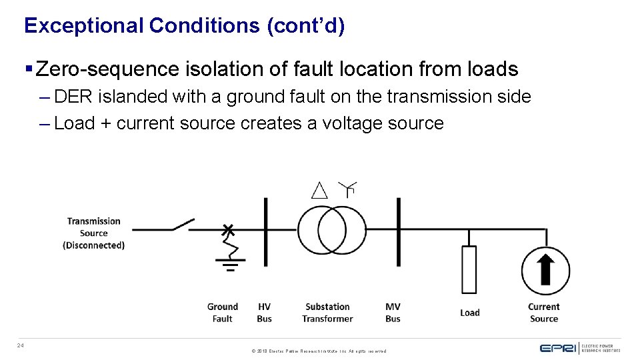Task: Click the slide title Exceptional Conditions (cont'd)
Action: (x=184, y=26)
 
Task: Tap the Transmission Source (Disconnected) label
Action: (x=93, y=233)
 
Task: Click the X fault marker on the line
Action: (x=228, y=230)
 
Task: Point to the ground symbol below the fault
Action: (x=230, y=266)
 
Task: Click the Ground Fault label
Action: (x=222, y=313)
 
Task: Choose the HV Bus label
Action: (x=264, y=313)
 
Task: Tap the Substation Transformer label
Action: (x=327, y=313)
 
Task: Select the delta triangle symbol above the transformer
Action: (x=320, y=190)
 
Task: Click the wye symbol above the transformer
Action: (x=347, y=189)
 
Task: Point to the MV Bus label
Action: (x=393, y=313)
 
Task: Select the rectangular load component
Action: (x=469, y=269)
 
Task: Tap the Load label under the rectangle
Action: (x=469, y=313)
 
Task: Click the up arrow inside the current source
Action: (x=545, y=269)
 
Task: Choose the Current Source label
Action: (x=544, y=313)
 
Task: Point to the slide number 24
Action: (x=21, y=345)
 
